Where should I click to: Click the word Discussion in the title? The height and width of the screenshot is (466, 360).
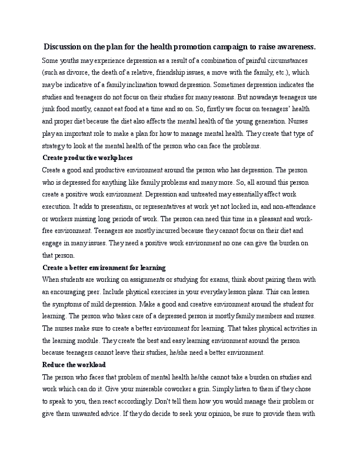click(66, 46)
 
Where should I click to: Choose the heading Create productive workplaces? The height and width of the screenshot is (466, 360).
click(88, 158)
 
